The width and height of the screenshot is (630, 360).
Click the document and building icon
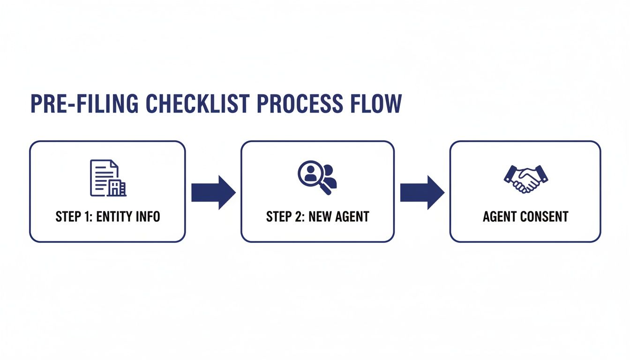pos(108,178)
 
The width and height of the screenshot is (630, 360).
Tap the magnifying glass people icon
pos(317,178)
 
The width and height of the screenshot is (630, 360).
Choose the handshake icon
pos(526,179)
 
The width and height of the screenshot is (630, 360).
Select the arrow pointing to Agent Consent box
pos(422,192)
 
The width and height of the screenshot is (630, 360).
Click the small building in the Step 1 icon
pos(117,187)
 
